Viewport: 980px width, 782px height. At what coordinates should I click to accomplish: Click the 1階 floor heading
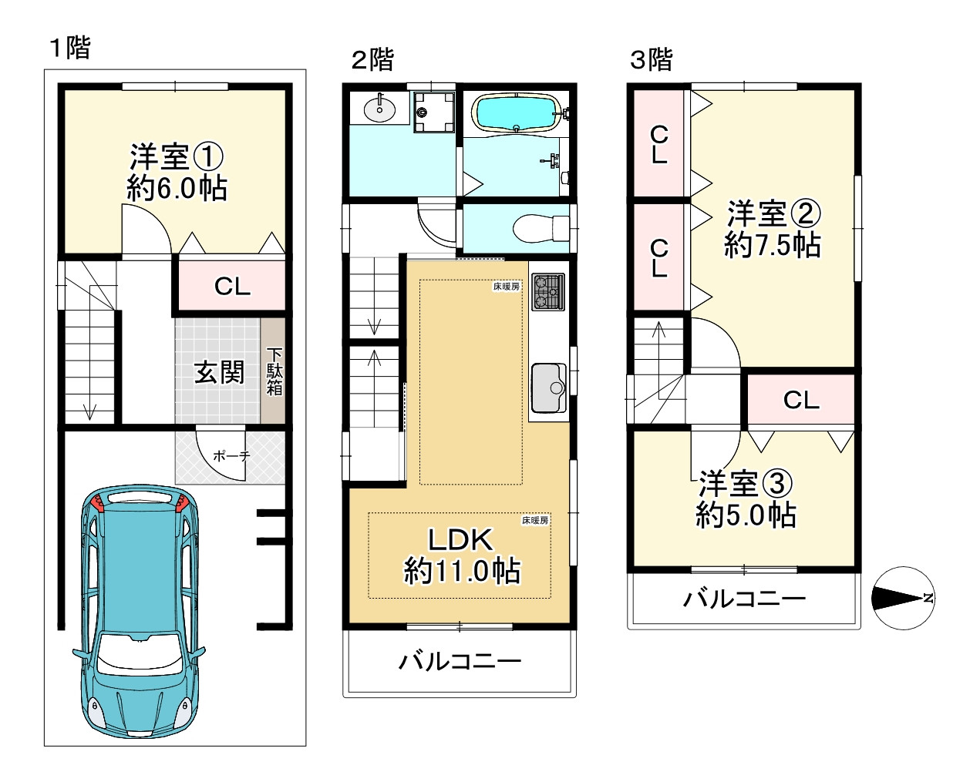tap(70, 49)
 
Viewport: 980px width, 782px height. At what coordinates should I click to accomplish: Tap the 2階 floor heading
tap(372, 59)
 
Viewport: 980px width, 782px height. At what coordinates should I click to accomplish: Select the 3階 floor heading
tap(652, 59)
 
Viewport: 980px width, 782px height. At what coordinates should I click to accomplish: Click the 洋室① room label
tap(177, 157)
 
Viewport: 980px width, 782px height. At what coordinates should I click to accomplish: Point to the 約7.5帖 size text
tap(772, 245)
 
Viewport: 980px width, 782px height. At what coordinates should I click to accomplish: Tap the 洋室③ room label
tap(745, 484)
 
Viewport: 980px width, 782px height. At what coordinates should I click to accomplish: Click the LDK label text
tap(460, 539)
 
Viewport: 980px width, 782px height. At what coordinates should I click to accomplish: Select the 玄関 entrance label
tap(219, 372)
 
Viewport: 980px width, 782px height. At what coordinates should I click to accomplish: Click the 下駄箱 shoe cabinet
tap(274, 372)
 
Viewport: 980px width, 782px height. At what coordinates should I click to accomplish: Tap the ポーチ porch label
tap(231, 456)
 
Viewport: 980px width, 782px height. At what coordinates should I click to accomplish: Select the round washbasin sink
tap(379, 110)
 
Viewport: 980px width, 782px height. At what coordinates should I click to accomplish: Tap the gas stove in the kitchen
tap(547, 292)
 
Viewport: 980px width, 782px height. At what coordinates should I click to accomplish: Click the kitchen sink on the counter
tap(548, 388)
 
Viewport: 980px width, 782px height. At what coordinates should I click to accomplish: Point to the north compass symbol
tap(903, 598)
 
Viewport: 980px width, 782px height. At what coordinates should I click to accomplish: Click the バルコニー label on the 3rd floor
tap(744, 599)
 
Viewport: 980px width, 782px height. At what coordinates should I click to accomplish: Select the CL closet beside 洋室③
tap(801, 400)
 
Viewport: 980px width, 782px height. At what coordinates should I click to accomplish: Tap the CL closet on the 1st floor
tap(232, 287)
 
